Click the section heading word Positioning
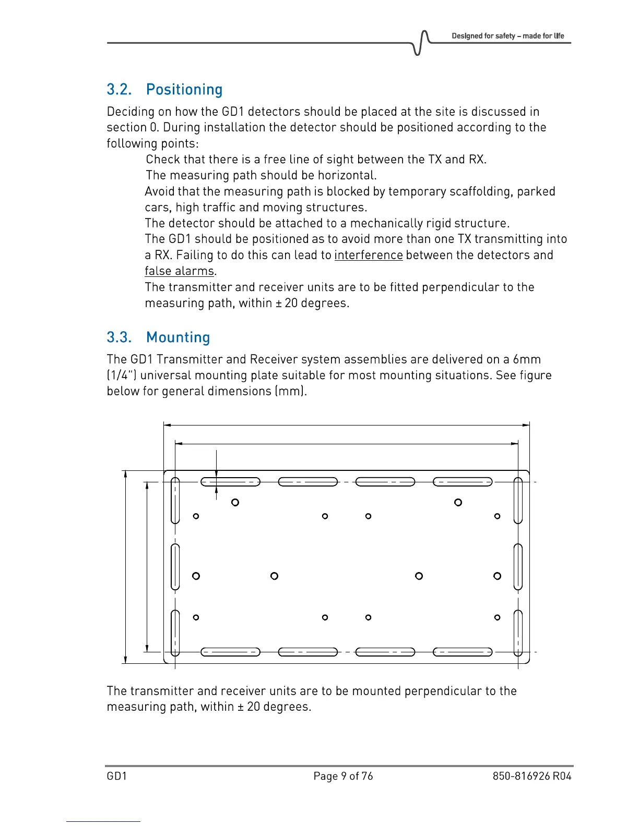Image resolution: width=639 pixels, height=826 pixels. point(184,90)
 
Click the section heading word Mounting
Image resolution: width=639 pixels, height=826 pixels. point(178,337)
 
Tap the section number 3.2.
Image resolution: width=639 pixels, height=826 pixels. point(119,90)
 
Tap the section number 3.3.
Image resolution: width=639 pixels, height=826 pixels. point(119,337)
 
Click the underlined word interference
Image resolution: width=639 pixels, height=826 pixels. point(369,255)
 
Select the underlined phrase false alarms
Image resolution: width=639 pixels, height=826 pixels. point(180,271)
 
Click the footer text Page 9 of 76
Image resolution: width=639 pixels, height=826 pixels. point(343,776)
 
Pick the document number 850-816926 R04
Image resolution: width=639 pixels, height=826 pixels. point(532,776)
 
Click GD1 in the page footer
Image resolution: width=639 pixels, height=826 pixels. point(117,776)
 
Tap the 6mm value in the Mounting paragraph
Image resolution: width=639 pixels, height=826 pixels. point(527,359)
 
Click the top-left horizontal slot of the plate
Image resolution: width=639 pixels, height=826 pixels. point(230,482)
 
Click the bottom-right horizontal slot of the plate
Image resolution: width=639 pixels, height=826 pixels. point(463,652)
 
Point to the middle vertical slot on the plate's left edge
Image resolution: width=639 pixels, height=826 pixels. point(175,567)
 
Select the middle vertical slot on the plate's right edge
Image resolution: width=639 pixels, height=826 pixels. point(518,567)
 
